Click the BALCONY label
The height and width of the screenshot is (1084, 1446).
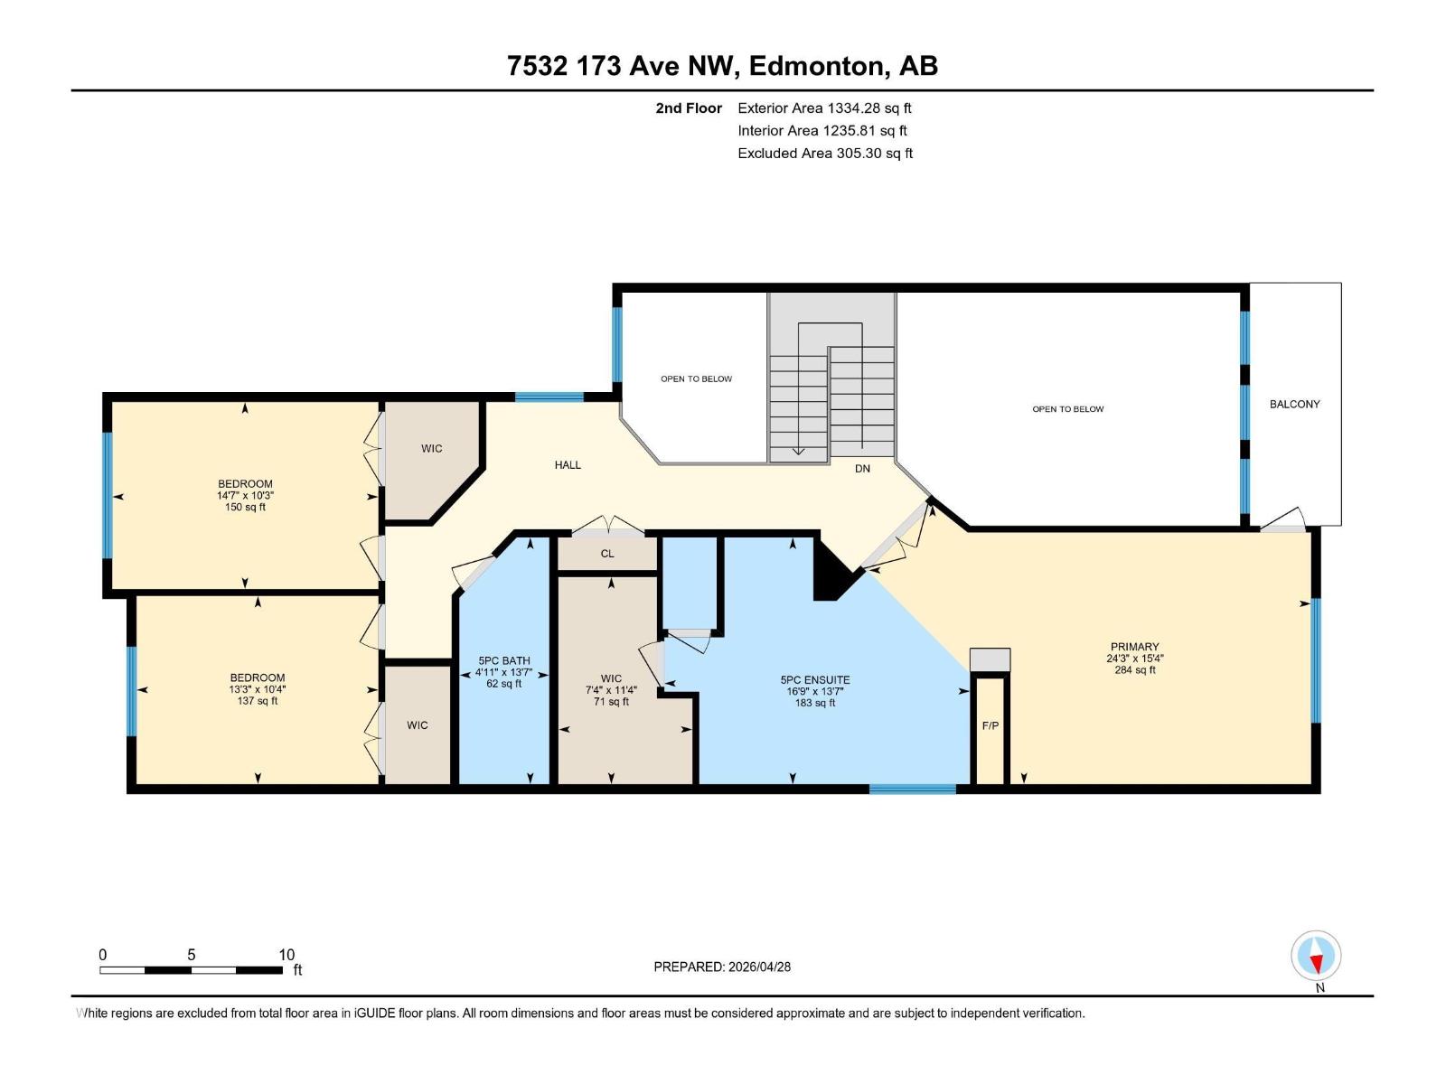(1294, 404)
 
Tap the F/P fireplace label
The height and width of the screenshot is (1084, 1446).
(990, 725)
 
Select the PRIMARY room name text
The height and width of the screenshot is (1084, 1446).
(1134, 647)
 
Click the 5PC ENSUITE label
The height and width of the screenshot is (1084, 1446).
(815, 680)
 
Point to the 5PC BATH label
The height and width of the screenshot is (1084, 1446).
(504, 661)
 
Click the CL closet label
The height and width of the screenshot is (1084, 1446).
(607, 554)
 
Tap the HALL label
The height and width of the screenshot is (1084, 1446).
(568, 465)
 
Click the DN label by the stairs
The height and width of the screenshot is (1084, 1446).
(862, 469)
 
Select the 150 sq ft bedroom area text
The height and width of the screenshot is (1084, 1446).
(245, 508)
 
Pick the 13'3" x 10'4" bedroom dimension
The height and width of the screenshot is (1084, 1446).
(258, 689)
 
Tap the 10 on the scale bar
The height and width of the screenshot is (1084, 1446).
(286, 955)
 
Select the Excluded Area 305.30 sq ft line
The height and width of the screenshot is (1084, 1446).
(824, 154)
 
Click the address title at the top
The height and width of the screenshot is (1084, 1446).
(722, 66)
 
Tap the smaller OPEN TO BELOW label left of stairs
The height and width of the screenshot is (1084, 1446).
(696, 379)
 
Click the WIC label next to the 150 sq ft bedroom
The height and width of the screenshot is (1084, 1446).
(431, 449)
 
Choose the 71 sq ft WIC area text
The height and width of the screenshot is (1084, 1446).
(611, 702)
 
